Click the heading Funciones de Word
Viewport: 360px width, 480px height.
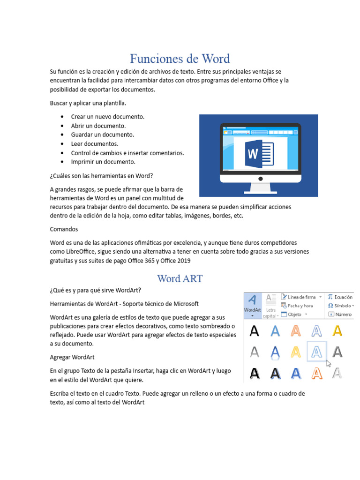point(180,59)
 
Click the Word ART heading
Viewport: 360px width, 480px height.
point(180,278)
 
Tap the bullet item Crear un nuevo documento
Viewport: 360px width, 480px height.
point(108,116)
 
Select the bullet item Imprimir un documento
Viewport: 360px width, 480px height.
point(103,162)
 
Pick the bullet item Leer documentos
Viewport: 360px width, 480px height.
point(95,143)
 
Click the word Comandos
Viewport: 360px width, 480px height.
point(64,229)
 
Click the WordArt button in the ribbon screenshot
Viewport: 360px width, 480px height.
point(253,305)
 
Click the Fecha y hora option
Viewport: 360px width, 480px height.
point(300,306)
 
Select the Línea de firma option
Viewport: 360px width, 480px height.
point(301,297)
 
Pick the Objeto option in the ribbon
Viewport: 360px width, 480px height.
point(294,314)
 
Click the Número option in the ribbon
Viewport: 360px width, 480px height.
point(343,314)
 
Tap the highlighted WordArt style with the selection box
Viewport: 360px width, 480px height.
point(316,352)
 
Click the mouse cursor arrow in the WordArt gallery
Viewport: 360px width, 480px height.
point(329,363)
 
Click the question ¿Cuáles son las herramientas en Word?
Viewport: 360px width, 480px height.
point(101,176)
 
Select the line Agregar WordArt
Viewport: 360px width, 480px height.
point(72,357)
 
